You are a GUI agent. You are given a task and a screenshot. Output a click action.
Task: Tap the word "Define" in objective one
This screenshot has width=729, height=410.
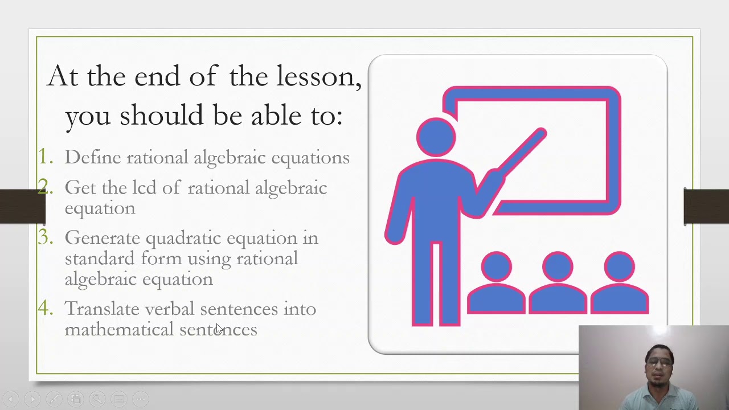[92, 158]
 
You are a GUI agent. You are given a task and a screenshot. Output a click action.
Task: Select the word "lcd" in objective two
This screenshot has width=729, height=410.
[144, 188]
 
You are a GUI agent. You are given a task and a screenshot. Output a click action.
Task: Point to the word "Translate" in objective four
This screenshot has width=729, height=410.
[102, 309]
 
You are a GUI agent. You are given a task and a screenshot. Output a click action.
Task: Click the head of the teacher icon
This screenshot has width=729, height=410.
[436, 137]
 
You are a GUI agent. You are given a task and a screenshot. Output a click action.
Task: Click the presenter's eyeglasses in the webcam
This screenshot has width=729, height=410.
[660, 362]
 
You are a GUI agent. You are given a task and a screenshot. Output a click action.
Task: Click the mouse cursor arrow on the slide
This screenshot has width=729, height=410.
[219, 329]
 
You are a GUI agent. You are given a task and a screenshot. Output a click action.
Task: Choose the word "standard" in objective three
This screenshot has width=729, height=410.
[100, 259]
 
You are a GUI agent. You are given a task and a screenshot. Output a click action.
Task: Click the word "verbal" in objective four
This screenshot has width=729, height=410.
[169, 309]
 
